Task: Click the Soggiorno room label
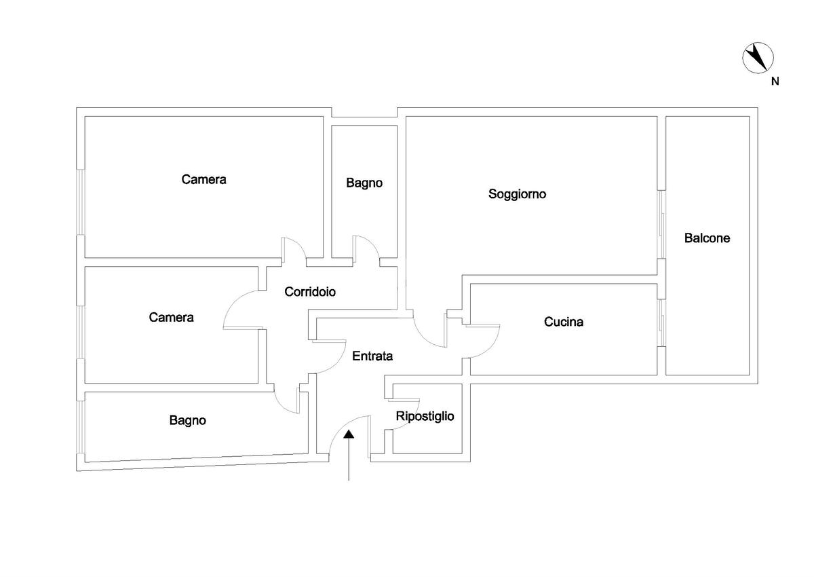pyautogui.click(x=518, y=194)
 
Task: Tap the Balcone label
pyautogui.click(x=707, y=238)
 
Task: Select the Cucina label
pyautogui.click(x=563, y=322)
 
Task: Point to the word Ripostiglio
pyautogui.click(x=425, y=417)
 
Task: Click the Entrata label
pyautogui.click(x=372, y=355)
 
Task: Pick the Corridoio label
pyautogui.click(x=310, y=292)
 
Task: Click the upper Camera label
pyautogui.click(x=203, y=180)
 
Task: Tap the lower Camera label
pyautogui.click(x=171, y=317)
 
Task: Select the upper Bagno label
pyautogui.click(x=364, y=183)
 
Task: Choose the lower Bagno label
pyautogui.click(x=188, y=420)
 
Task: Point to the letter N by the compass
pyautogui.click(x=775, y=81)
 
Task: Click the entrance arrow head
pyautogui.click(x=349, y=435)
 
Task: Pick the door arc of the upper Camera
pyautogui.click(x=294, y=247)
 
